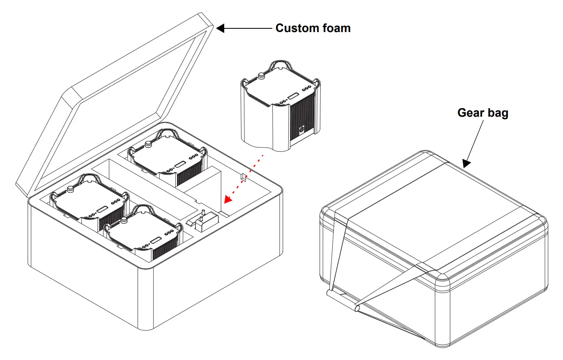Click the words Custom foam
[313, 28]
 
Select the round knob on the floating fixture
[260, 76]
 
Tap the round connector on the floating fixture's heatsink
[301, 129]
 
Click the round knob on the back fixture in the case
[148, 144]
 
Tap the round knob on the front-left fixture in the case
[70, 189]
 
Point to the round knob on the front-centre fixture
[124, 220]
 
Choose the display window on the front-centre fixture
[156, 240]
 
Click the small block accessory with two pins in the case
[203, 222]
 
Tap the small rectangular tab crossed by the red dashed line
[243, 177]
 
